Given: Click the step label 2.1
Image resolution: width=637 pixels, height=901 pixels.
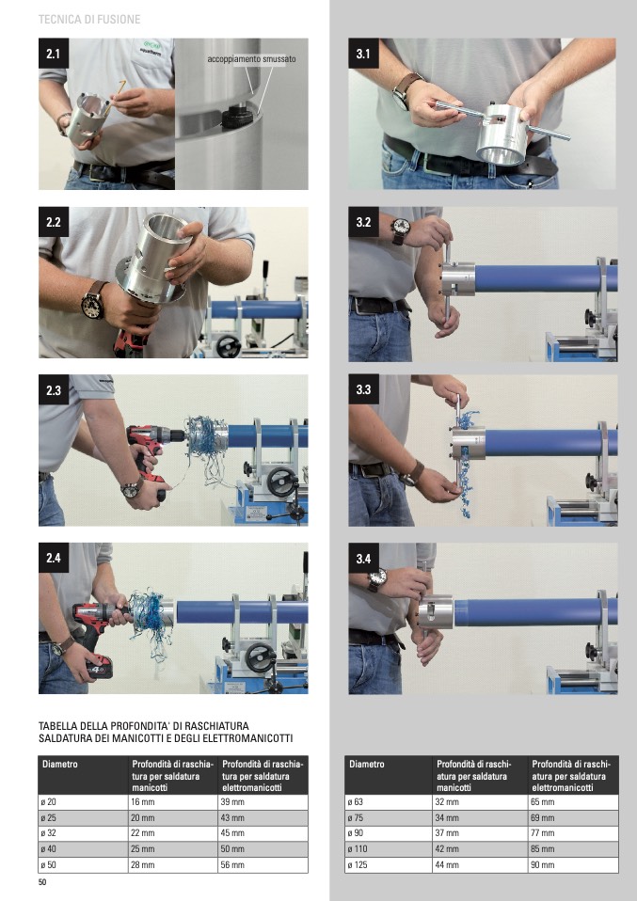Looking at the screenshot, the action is pyautogui.click(x=54, y=54).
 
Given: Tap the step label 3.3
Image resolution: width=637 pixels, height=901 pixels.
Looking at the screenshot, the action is pyautogui.click(x=363, y=389).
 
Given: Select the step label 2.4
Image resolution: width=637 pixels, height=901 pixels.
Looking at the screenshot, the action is pyautogui.click(x=54, y=558).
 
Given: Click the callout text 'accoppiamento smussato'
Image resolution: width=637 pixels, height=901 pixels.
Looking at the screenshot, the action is pyautogui.click(x=252, y=58).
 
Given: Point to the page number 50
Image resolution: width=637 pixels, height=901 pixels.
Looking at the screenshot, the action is pyautogui.click(x=42, y=882).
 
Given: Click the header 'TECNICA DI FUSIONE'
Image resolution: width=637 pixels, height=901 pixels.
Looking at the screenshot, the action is pyautogui.click(x=89, y=19).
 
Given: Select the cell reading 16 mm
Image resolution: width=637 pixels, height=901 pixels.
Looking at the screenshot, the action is pyautogui.click(x=139, y=802).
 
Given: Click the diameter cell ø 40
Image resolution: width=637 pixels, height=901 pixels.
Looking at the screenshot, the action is pyautogui.click(x=48, y=849).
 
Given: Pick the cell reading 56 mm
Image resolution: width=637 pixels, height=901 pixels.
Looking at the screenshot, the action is pyautogui.click(x=232, y=865).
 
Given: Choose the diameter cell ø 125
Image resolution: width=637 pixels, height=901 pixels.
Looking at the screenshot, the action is pyautogui.click(x=358, y=865).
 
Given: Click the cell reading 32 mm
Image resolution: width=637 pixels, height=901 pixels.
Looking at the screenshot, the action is pyautogui.click(x=447, y=802).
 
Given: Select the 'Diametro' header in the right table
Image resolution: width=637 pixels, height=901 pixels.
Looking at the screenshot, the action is pyautogui.click(x=367, y=765).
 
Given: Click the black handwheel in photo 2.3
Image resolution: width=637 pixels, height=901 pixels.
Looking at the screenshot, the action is pyautogui.click(x=282, y=482).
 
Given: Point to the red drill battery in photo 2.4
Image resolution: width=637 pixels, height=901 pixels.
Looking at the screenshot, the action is pyautogui.click(x=99, y=668).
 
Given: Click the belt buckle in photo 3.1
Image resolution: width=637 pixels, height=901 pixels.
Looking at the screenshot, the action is pyautogui.click(x=430, y=163).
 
